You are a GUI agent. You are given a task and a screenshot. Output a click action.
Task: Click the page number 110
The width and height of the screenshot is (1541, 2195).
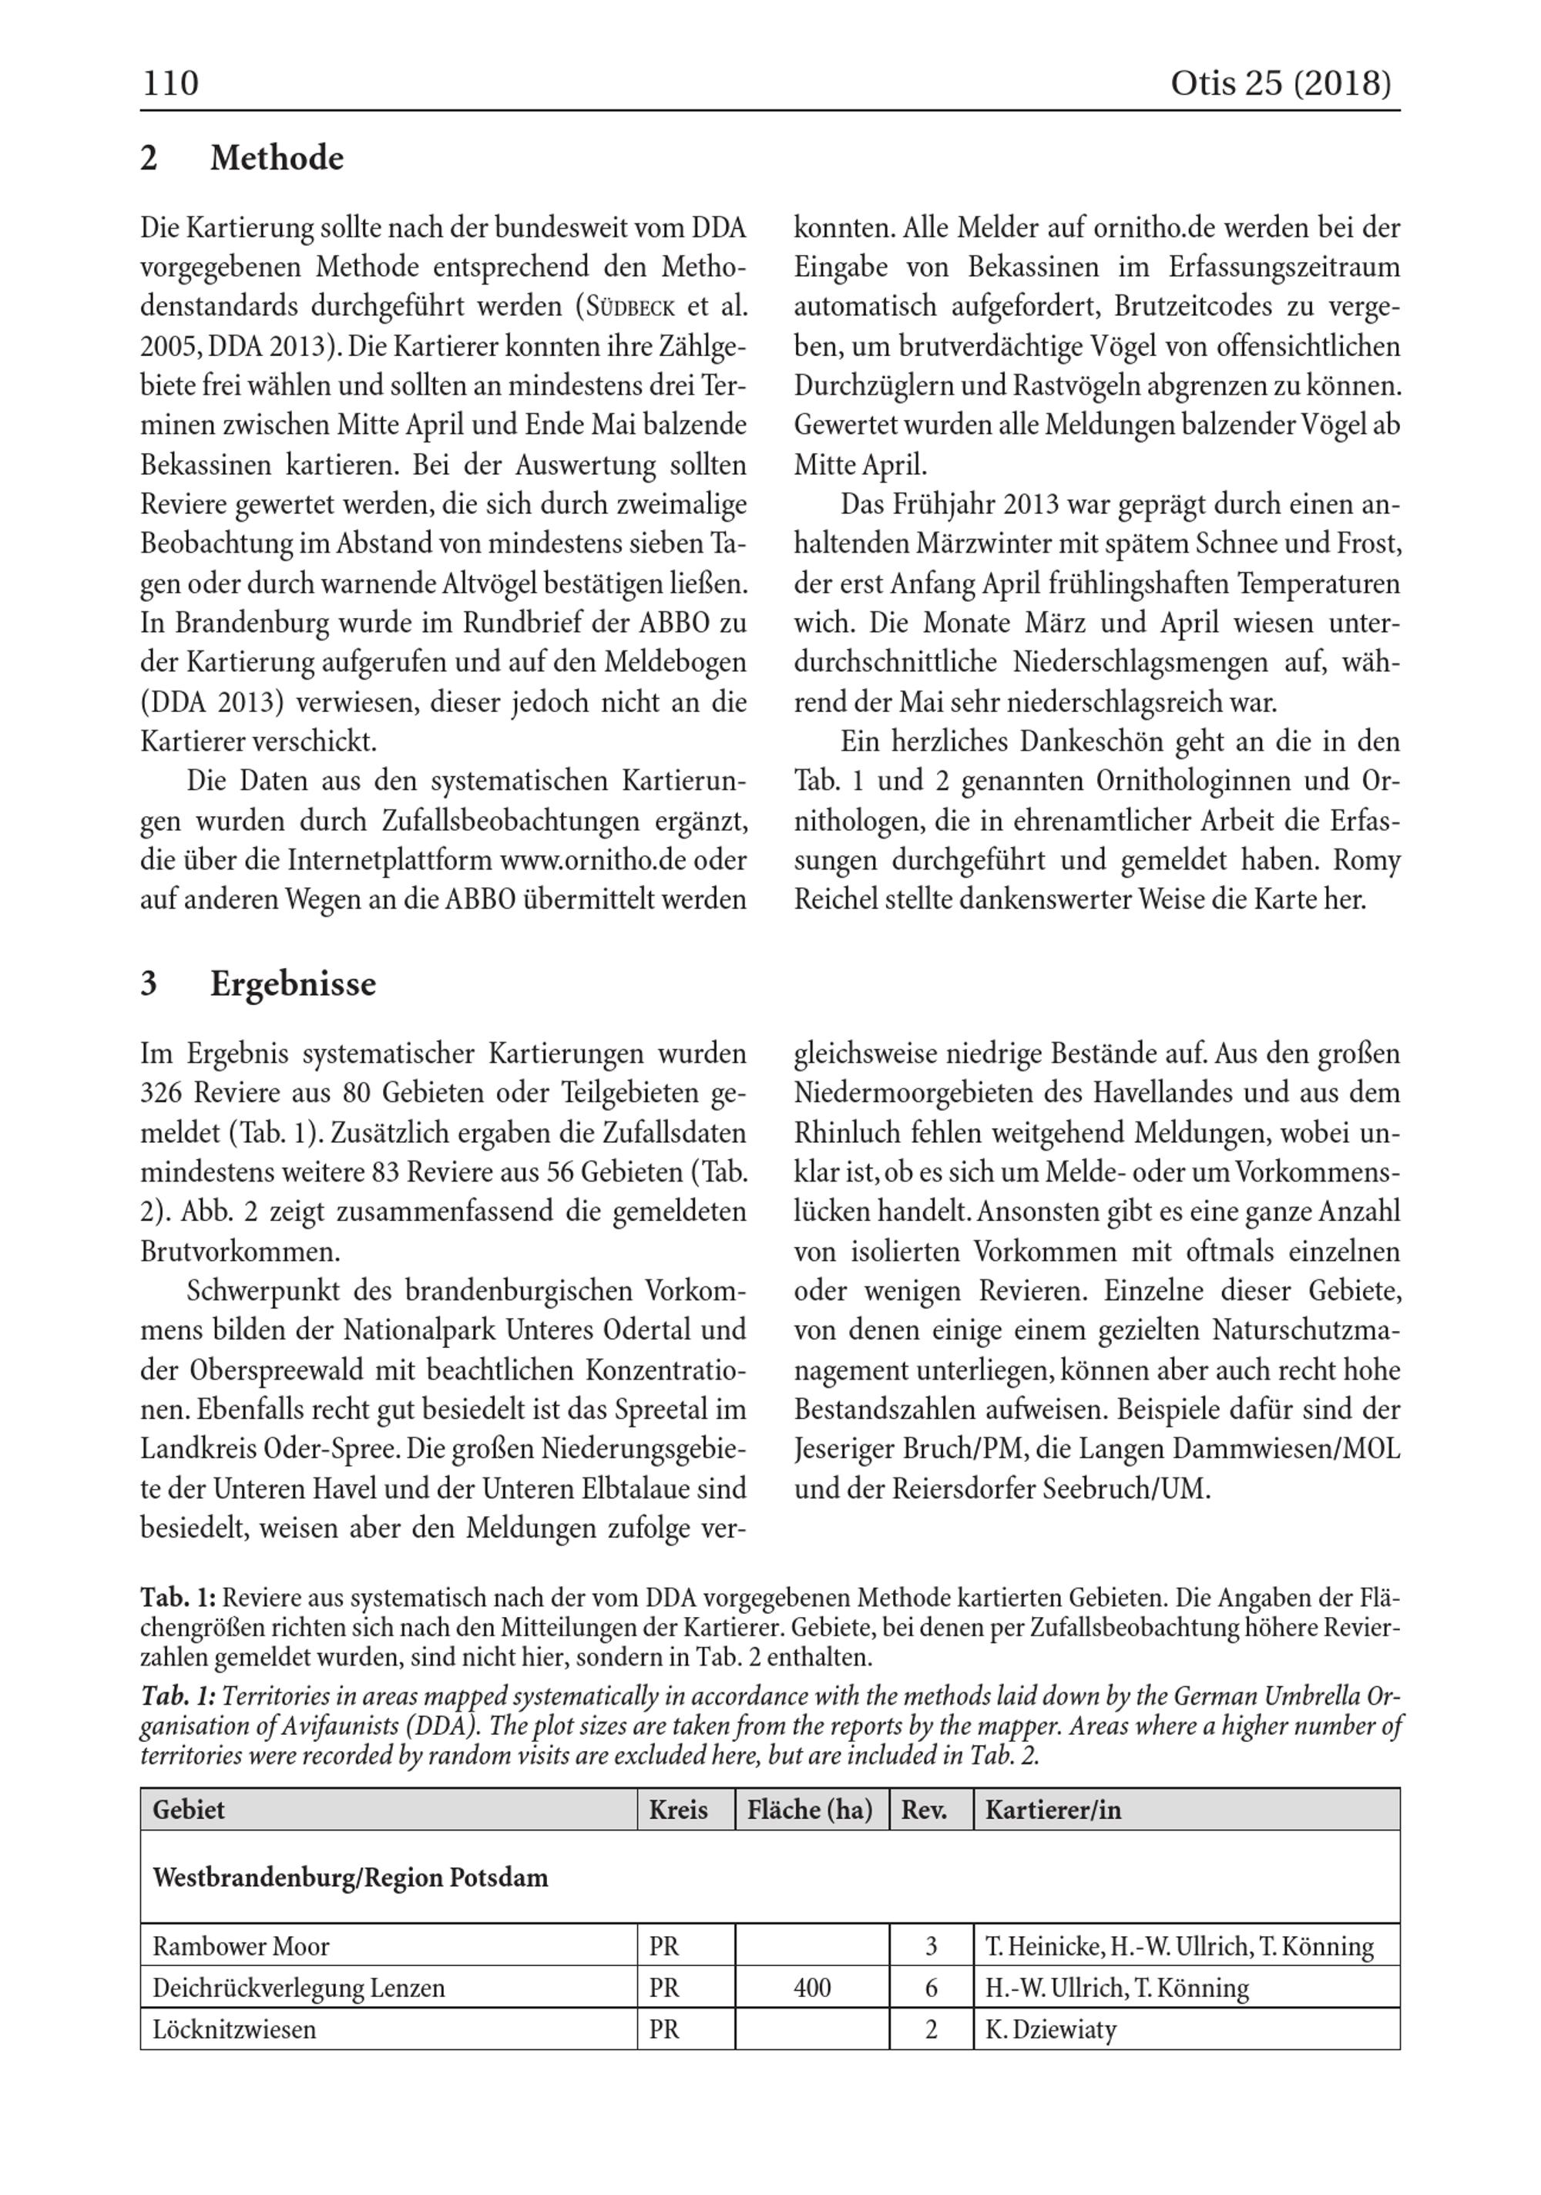pyautogui.click(x=170, y=84)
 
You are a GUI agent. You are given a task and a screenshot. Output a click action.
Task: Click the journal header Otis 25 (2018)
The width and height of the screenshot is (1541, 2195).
pyautogui.click(x=1280, y=84)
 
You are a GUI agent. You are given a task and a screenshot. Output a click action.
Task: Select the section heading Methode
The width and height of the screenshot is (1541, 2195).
pyautogui.click(x=277, y=158)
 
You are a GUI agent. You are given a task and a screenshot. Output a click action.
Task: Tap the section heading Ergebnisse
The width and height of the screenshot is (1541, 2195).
pyautogui.click(x=293, y=983)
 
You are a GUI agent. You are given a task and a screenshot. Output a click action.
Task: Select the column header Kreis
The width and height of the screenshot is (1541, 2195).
pyautogui.click(x=678, y=1810)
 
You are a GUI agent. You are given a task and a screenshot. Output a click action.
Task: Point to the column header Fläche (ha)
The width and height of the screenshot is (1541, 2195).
pyautogui.click(x=810, y=1810)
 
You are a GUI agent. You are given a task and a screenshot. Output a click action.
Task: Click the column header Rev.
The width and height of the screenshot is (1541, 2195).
pyautogui.click(x=924, y=1810)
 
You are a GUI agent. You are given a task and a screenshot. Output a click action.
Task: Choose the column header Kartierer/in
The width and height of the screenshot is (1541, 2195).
pyautogui.click(x=1053, y=1810)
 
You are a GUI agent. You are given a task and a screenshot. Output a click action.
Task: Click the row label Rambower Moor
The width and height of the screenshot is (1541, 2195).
pyautogui.click(x=241, y=1946)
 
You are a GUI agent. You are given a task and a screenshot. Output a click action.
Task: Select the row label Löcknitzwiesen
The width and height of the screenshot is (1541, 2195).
pyautogui.click(x=234, y=2029)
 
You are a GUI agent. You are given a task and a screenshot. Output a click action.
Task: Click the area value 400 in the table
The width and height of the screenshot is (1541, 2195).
pyautogui.click(x=811, y=1988)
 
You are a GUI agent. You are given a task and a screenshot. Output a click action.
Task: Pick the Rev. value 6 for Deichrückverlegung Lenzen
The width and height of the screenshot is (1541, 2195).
pyautogui.click(x=931, y=1988)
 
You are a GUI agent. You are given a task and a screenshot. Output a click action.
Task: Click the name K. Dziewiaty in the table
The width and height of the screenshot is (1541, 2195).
pyautogui.click(x=1051, y=2029)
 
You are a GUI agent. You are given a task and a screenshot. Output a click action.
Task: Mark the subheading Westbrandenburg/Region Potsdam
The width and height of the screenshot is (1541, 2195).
pyautogui.click(x=350, y=1877)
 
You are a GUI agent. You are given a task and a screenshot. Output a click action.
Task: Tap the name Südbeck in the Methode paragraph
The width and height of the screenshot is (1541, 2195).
pyautogui.click(x=631, y=307)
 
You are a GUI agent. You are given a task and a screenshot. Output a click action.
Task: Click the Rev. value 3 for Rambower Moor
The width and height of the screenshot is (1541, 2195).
pyautogui.click(x=931, y=1946)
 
